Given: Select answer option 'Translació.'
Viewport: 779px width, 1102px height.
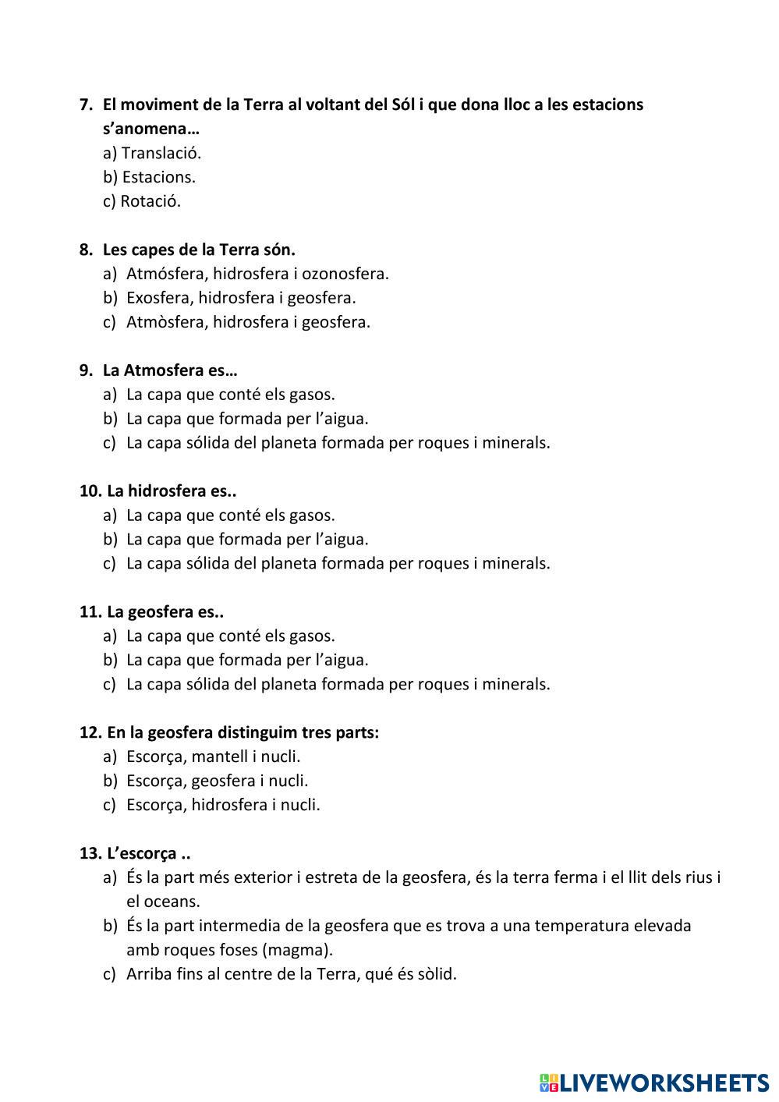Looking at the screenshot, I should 161,153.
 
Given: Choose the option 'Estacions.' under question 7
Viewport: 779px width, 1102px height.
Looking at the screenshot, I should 158,177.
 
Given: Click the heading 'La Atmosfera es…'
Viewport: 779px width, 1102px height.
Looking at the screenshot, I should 169,370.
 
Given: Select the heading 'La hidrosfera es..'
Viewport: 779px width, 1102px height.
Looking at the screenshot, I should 172,491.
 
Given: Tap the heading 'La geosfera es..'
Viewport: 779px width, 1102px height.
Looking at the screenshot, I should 165,612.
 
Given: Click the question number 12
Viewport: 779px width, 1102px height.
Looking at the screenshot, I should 90,733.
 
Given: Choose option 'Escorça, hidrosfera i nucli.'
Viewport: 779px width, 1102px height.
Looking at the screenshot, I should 223,805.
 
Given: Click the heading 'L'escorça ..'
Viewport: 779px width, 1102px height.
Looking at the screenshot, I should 149,853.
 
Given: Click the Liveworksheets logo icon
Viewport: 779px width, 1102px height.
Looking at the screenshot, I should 549,1083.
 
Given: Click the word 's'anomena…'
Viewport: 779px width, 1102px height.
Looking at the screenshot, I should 150,129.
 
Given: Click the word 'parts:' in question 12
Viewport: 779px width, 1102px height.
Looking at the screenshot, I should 356,733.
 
